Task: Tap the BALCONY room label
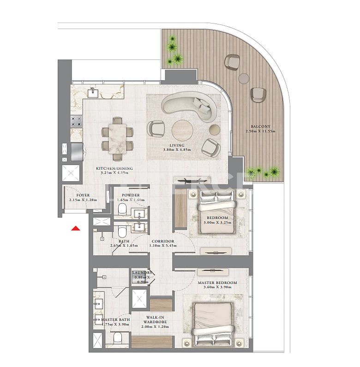pyautogui.click(x=260, y=126)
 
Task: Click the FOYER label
pyautogui.click(x=83, y=195)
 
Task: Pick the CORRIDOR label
pyautogui.click(x=162, y=241)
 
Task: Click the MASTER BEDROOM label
pyautogui.click(x=217, y=282)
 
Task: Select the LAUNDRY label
pyautogui.click(x=141, y=272)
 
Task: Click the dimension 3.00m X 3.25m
pyautogui.click(x=217, y=223)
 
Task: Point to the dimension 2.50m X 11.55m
pyautogui.click(x=260, y=131)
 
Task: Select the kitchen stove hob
pyautogui.click(x=76, y=121)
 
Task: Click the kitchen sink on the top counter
pyautogui.click(x=93, y=92)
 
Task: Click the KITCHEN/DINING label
pyautogui.click(x=114, y=169)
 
